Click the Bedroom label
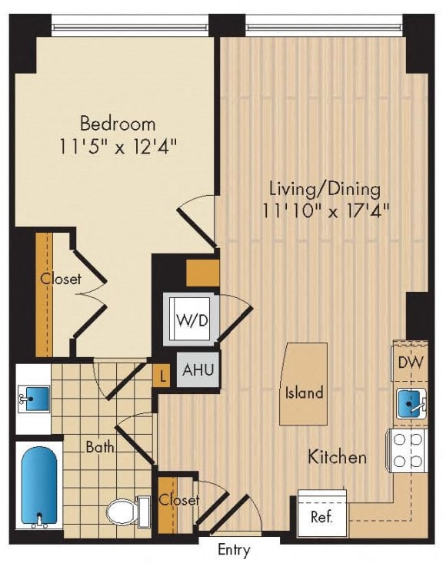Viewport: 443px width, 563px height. tap(118, 123)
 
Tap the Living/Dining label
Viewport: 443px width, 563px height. tap(325, 188)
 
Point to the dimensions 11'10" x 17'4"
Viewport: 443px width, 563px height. tap(325, 210)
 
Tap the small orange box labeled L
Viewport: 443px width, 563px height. tap(162, 376)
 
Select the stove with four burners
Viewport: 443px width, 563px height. tap(408, 449)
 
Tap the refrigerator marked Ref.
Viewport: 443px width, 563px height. tap(321, 515)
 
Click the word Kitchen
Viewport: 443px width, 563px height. tap(337, 457)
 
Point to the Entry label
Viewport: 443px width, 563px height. tap(233, 551)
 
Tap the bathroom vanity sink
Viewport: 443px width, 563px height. tap(33, 399)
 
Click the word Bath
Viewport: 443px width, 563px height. tap(100, 445)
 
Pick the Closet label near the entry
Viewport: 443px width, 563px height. tap(178, 500)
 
